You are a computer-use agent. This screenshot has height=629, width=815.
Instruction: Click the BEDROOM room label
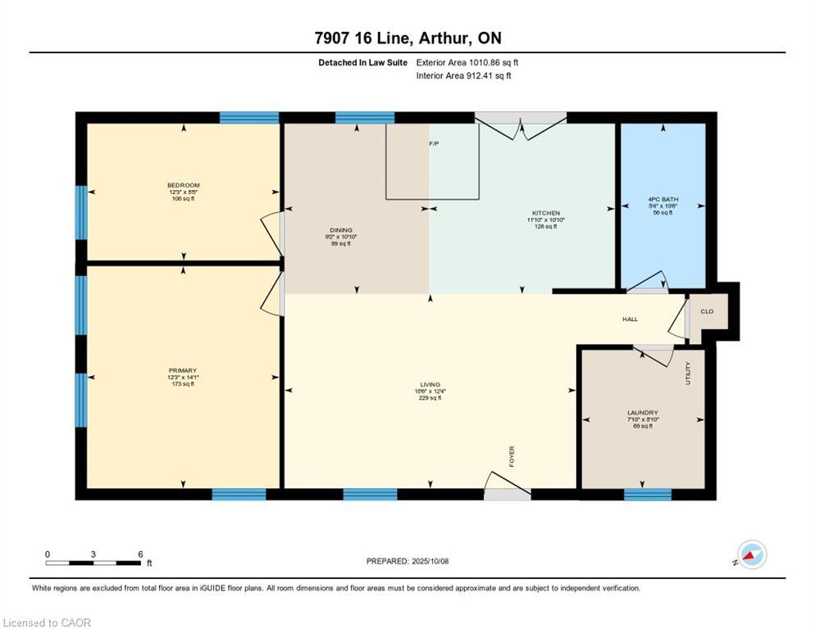point(183,185)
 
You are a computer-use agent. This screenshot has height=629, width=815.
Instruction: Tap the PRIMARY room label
point(183,370)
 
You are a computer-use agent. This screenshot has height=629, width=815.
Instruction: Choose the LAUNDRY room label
point(643,413)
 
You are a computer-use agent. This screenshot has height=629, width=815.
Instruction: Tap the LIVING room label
point(430,384)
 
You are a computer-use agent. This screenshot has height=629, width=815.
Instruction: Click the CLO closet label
point(707,311)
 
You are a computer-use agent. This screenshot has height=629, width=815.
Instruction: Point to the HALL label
point(629,319)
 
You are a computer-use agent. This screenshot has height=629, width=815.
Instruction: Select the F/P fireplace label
point(434,144)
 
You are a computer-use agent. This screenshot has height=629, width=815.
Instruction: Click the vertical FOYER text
point(512,455)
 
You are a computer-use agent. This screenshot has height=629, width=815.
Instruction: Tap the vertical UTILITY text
point(688,374)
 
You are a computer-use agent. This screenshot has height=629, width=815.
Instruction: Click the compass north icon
point(751,554)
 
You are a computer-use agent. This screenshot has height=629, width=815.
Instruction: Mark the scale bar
point(93,563)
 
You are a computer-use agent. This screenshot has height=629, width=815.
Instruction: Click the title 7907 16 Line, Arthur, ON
point(407,38)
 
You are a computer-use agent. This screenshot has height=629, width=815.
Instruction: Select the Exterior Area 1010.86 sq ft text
point(467,62)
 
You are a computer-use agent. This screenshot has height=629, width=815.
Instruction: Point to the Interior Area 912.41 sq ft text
point(465,76)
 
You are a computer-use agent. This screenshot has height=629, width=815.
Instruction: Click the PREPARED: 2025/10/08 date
point(407,561)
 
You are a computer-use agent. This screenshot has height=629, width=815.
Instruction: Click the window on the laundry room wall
point(648,494)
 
